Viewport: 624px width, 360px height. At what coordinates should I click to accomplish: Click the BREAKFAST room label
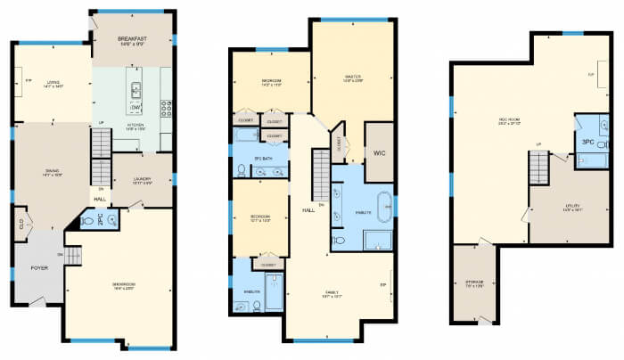tap(133, 39)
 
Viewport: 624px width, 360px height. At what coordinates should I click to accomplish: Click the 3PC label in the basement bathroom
tap(588, 141)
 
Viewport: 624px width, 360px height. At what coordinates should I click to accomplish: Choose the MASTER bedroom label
tap(351, 78)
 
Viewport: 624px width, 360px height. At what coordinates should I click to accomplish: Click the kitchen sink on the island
tap(136, 89)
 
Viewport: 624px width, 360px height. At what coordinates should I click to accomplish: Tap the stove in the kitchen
tap(166, 109)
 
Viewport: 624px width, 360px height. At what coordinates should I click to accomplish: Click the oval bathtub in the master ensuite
tap(383, 207)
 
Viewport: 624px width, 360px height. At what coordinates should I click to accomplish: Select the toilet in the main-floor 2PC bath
tap(87, 219)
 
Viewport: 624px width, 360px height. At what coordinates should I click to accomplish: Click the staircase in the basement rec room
tap(538, 165)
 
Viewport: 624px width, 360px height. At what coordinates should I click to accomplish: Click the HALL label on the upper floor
tap(308, 211)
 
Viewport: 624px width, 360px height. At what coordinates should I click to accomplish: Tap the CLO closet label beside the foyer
tap(19, 224)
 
